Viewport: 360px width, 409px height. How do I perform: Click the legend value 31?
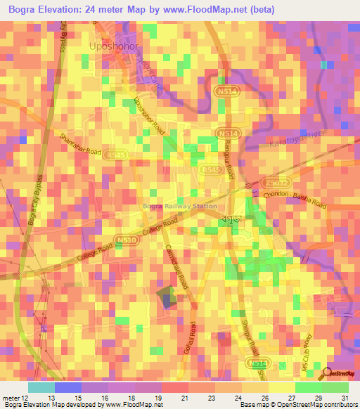click(x=345, y=397)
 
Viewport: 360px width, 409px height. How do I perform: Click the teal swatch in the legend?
click(x=41, y=387)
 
